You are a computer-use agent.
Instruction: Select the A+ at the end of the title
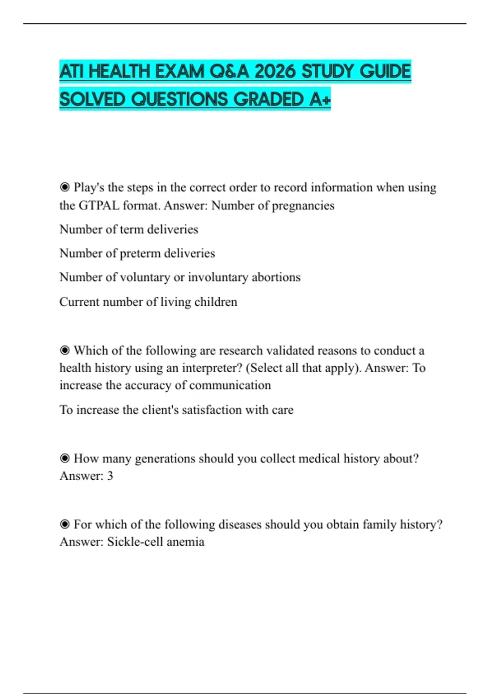320,99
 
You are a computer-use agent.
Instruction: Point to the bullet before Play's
65,187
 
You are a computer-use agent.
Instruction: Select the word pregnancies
303,205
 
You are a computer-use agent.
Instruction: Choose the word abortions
276,277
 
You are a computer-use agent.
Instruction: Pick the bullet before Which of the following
65,350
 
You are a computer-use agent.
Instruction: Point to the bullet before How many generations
65,458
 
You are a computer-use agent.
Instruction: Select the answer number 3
110,476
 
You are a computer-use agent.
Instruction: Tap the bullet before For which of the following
65,524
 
